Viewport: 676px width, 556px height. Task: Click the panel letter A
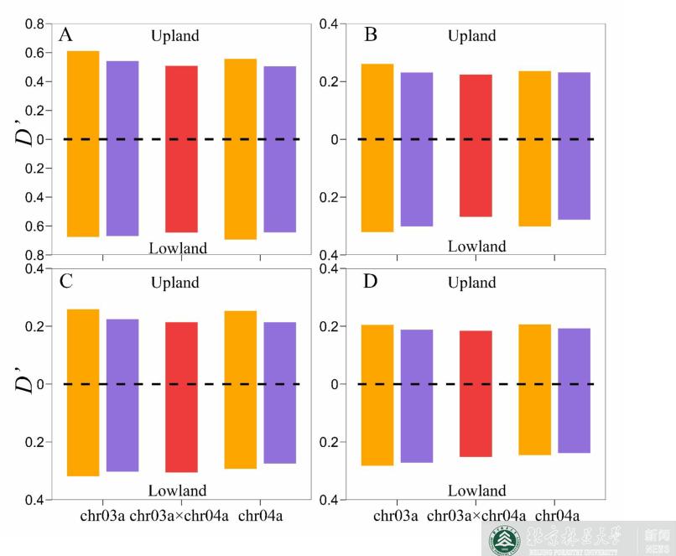tap(65, 35)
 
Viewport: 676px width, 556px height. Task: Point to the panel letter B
tap(371, 35)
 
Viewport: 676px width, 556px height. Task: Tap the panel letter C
tap(65, 281)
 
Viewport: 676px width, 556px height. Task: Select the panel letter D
tap(371, 281)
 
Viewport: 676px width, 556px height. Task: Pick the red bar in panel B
tap(476, 145)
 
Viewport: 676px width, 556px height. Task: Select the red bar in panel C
tap(181, 397)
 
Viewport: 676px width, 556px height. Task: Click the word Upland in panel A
tap(175, 36)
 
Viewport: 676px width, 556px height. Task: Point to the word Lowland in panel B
tap(476, 247)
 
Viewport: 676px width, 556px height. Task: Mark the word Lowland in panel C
tap(177, 491)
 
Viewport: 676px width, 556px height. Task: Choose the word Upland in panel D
tap(471, 283)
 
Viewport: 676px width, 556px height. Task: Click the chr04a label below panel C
tap(260, 516)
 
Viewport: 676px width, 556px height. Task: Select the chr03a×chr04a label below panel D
tap(476, 516)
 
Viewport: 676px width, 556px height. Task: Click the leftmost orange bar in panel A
tap(83, 143)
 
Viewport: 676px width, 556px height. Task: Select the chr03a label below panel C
tap(102, 516)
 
